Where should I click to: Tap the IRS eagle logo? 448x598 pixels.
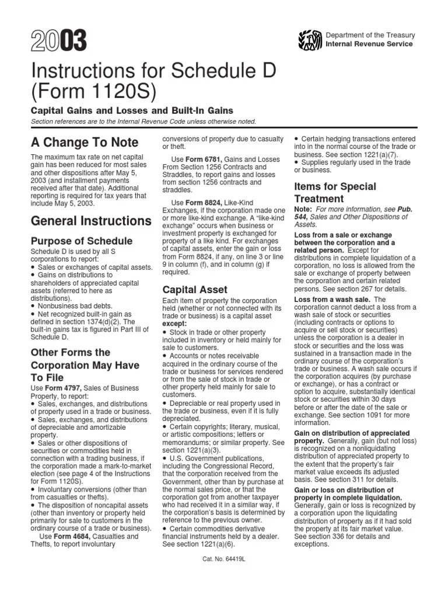310,40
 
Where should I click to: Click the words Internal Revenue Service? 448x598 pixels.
369,44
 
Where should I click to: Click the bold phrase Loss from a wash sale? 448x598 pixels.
331,300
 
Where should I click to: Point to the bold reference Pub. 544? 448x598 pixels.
355,213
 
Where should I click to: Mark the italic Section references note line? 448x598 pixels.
143,121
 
